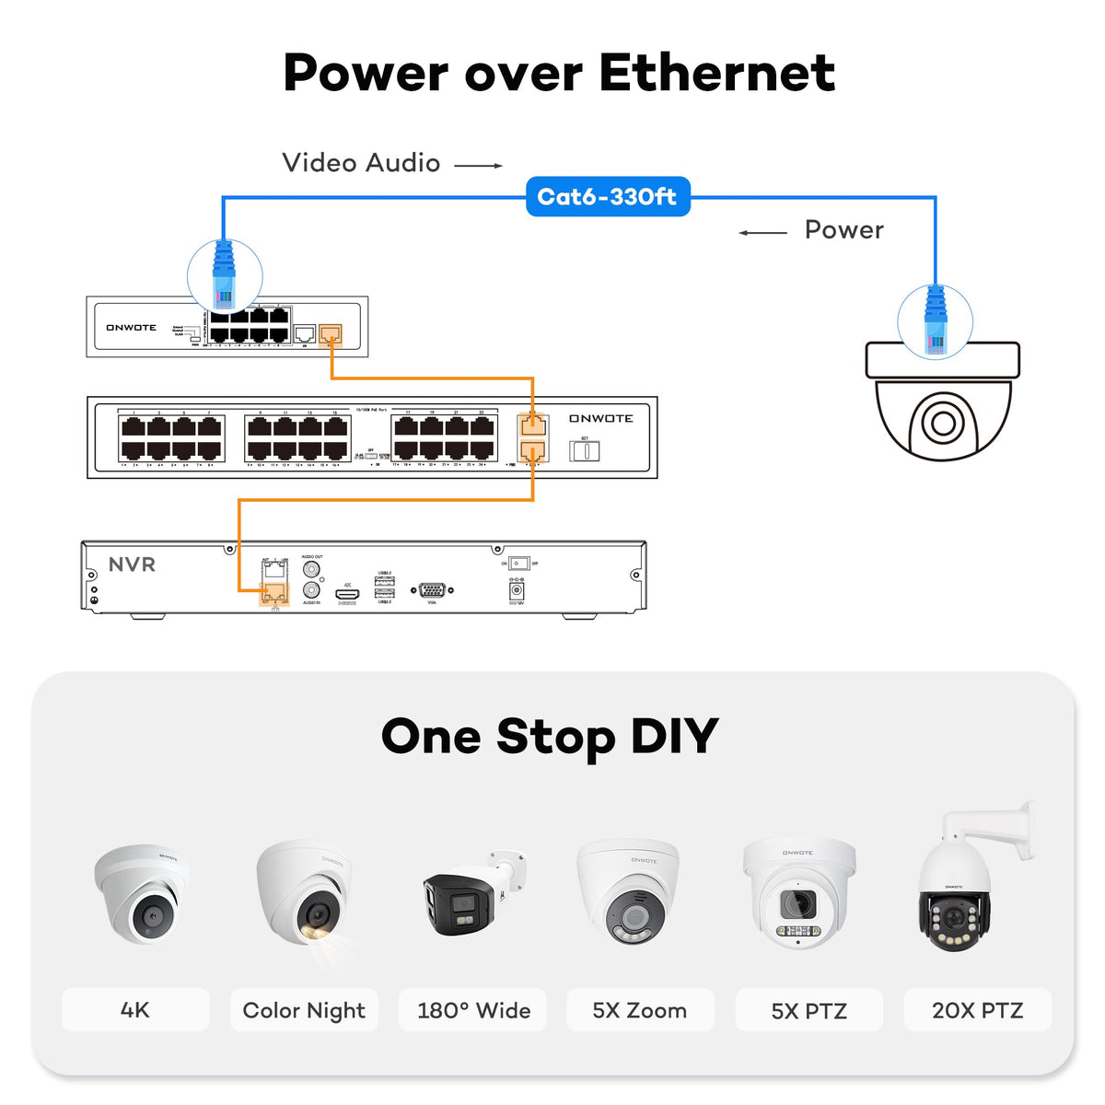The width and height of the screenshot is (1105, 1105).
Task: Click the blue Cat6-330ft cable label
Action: tap(607, 196)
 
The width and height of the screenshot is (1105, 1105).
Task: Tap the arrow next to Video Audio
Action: tap(479, 166)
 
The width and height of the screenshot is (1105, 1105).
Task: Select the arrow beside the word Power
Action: tap(762, 232)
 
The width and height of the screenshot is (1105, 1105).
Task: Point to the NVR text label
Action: tap(132, 564)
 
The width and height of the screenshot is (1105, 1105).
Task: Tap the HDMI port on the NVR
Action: tap(346, 595)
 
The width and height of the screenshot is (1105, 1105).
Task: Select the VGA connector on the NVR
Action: tap(432, 590)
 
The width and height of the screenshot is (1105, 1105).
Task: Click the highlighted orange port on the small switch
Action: tap(330, 333)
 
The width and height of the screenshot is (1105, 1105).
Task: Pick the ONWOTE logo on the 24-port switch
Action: tap(600, 418)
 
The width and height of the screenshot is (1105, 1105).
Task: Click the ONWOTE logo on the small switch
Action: tap(131, 328)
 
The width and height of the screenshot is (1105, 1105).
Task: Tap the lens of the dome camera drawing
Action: tap(943, 424)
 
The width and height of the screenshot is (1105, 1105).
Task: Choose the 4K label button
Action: tap(135, 1010)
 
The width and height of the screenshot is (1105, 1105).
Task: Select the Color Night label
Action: tap(304, 1010)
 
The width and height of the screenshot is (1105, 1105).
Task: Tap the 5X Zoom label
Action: tap(640, 1010)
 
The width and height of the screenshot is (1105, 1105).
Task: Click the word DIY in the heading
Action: tap(674, 736)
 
